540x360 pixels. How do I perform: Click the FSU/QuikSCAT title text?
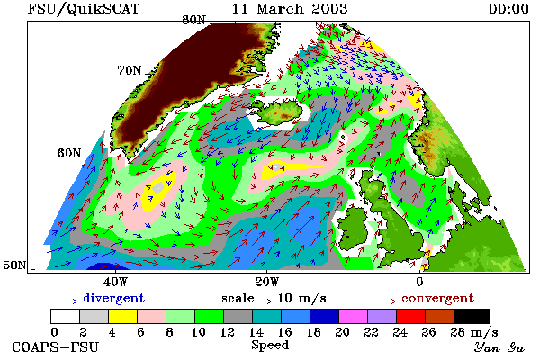click(84, 9)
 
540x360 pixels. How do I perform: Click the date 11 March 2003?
click(290, 9)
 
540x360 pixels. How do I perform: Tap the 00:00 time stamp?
click(508, 9)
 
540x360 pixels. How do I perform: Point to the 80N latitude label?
click(193, 20)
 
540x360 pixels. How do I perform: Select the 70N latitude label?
click(130, 70)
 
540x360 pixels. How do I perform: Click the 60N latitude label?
click(69, 153)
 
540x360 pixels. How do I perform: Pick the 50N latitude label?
click(14, 265)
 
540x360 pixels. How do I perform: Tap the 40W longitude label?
click(115, 282)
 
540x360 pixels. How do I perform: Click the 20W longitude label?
click(267, 282)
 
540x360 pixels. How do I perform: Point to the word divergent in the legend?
click(113, 298)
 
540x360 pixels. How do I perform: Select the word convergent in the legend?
click(437, 298)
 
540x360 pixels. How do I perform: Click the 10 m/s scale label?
click(301, 298)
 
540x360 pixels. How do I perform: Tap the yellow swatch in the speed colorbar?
click(122, 316)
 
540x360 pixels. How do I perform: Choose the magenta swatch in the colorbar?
click(353, 316)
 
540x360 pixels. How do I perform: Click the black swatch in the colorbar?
click(472, 316)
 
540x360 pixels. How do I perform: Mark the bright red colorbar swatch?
click(410, 316)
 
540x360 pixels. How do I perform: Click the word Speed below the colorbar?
click(270, 346)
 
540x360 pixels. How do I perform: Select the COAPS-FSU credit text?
click(56, 346)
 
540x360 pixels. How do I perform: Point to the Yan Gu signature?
click(499, 347)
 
